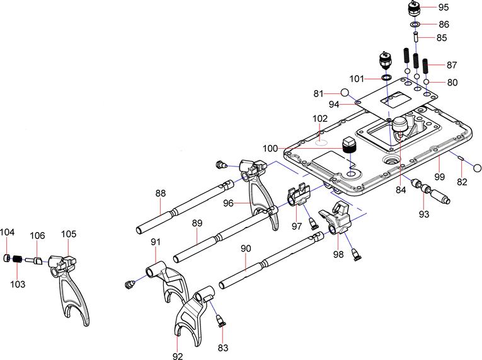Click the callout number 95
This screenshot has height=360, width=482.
pos(444,8)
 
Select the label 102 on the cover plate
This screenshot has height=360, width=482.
pos(320,119)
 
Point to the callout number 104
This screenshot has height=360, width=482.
pos(7,233)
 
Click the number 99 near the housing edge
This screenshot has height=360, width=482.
pos(439,162)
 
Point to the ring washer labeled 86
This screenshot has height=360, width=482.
pos(415,25)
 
